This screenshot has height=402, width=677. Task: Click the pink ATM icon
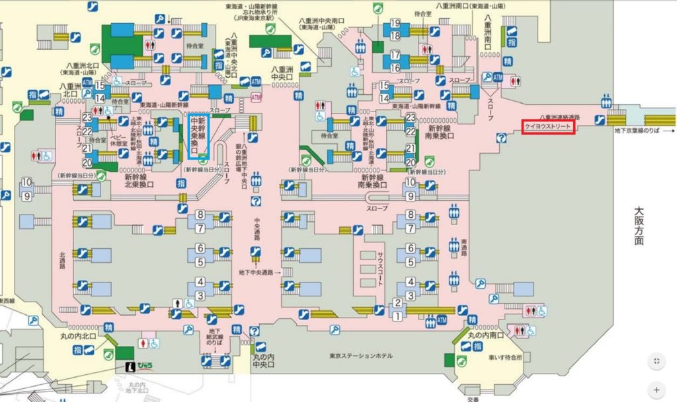coord(257,97)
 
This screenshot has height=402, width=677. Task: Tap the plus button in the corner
coord(657,389)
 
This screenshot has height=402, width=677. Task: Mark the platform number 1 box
coord(397,316)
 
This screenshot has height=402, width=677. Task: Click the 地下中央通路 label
coord(259,272)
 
